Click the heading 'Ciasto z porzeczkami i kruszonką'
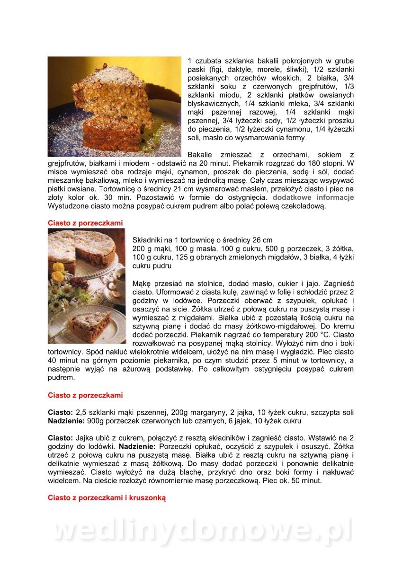107,497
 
